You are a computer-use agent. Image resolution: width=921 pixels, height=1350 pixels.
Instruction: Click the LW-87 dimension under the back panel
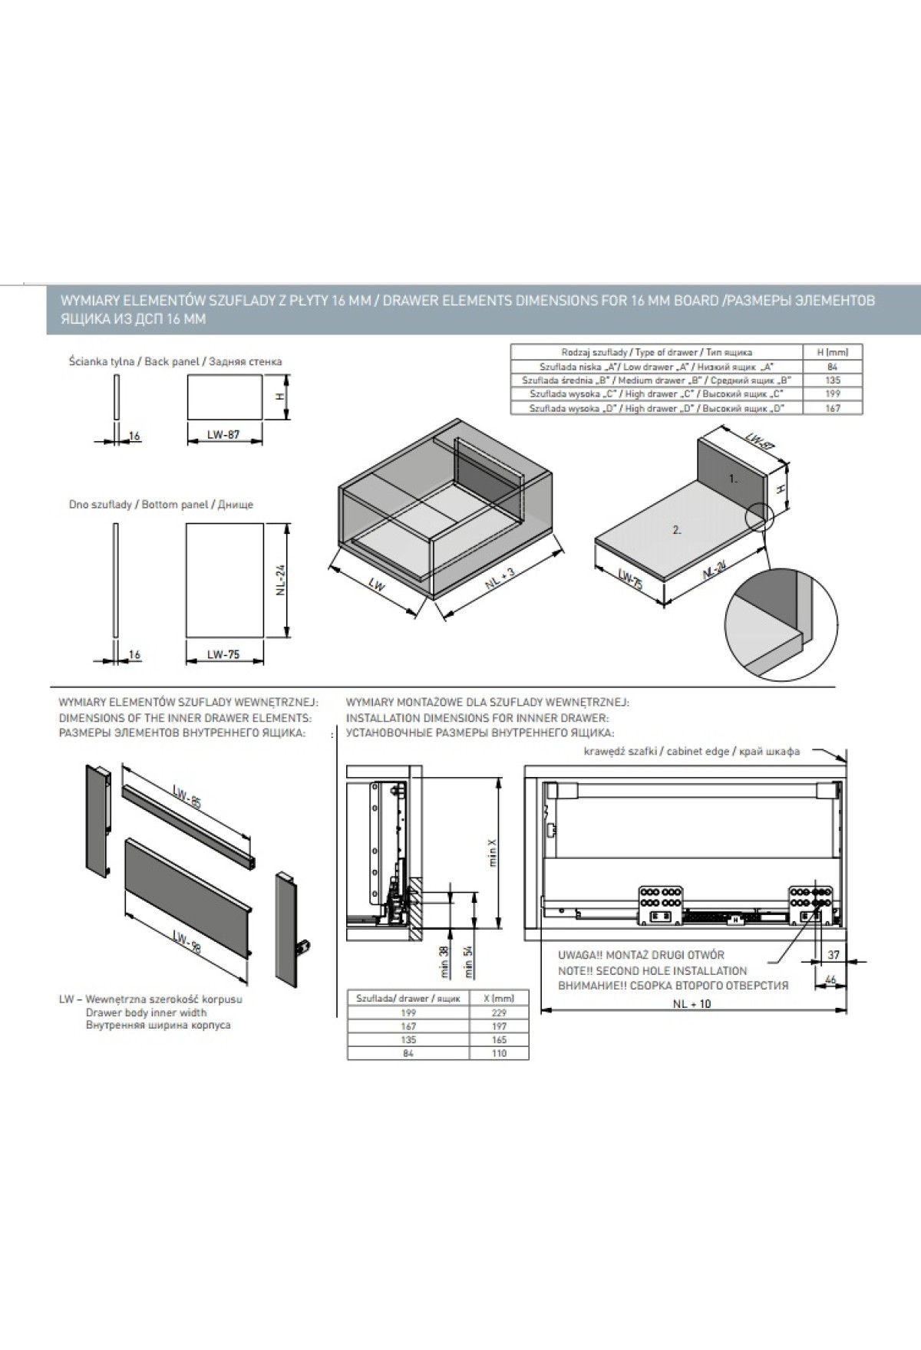[223, 434]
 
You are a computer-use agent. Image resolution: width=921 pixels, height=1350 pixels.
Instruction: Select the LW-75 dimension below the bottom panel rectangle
[223, 654]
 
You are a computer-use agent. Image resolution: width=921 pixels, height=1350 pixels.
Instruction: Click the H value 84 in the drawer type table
[834, 367]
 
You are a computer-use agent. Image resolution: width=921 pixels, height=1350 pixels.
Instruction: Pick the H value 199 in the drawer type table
[834, 394]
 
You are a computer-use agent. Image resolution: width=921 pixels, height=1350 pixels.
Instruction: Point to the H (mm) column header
[834, 352]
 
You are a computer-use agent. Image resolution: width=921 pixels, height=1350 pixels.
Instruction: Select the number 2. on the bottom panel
[677, 529]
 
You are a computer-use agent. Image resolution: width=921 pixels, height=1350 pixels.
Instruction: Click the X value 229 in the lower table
[498, 1012]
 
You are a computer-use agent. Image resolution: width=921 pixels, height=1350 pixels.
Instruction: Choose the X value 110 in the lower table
[498, 1054]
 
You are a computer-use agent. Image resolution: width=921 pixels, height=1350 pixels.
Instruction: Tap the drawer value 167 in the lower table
[408, 1026]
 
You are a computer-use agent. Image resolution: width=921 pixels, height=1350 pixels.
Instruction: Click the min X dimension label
[493, 851]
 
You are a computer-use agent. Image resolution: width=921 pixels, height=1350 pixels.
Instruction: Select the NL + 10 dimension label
[692, 1003]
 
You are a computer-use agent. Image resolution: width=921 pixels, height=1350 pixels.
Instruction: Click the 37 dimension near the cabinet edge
[834, 954]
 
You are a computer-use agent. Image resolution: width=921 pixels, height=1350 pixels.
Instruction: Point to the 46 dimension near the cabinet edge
[830, 980]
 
